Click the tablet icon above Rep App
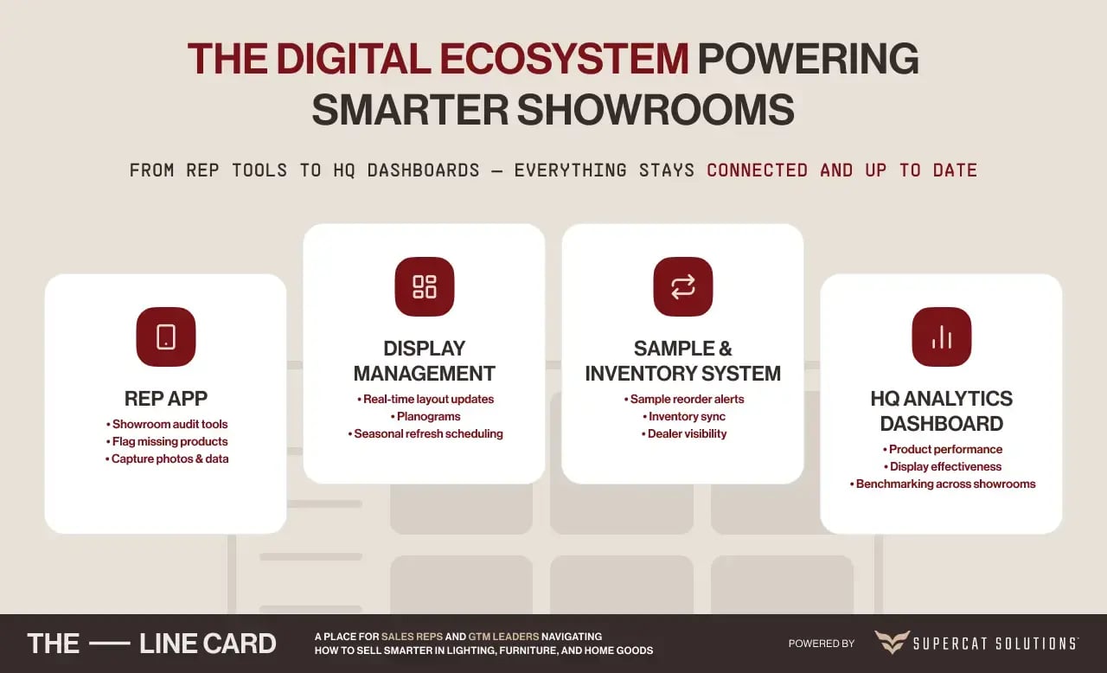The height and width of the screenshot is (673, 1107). (x=166, y=337)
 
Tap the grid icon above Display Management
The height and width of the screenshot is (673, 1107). (x=425, y=286)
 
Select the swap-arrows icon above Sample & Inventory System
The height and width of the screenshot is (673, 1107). (x=683, y=286)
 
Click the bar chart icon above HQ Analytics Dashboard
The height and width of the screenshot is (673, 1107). (x=942, y=337)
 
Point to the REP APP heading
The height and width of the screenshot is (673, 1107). (x=166, y=399)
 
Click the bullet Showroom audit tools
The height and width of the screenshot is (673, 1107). (x=167, y=424)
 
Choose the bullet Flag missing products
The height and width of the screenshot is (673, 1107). (x=167, y=441)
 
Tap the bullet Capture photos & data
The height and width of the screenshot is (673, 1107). (x=167, y=458)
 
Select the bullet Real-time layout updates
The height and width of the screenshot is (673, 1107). (x=426, y=399)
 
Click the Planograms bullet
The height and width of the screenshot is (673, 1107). (x=426, y=416)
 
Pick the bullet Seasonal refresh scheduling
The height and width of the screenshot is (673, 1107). (x=426, y=433)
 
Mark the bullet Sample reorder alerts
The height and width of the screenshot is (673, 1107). (x=684, y=399)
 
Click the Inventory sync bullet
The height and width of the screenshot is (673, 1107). (x=684, y=416)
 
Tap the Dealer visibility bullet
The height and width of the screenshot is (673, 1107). (x=684, y=433)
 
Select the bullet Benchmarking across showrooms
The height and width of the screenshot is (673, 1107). (x=943, y=484)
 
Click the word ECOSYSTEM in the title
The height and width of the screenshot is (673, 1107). (x=564, y=59)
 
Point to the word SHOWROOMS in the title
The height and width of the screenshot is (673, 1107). (x=656, y=110)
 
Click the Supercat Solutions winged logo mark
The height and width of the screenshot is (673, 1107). (x=892, y=643)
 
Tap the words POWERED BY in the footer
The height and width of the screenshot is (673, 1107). (x=822, y=644)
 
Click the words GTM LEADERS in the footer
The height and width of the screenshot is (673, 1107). (x=503, y=637)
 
